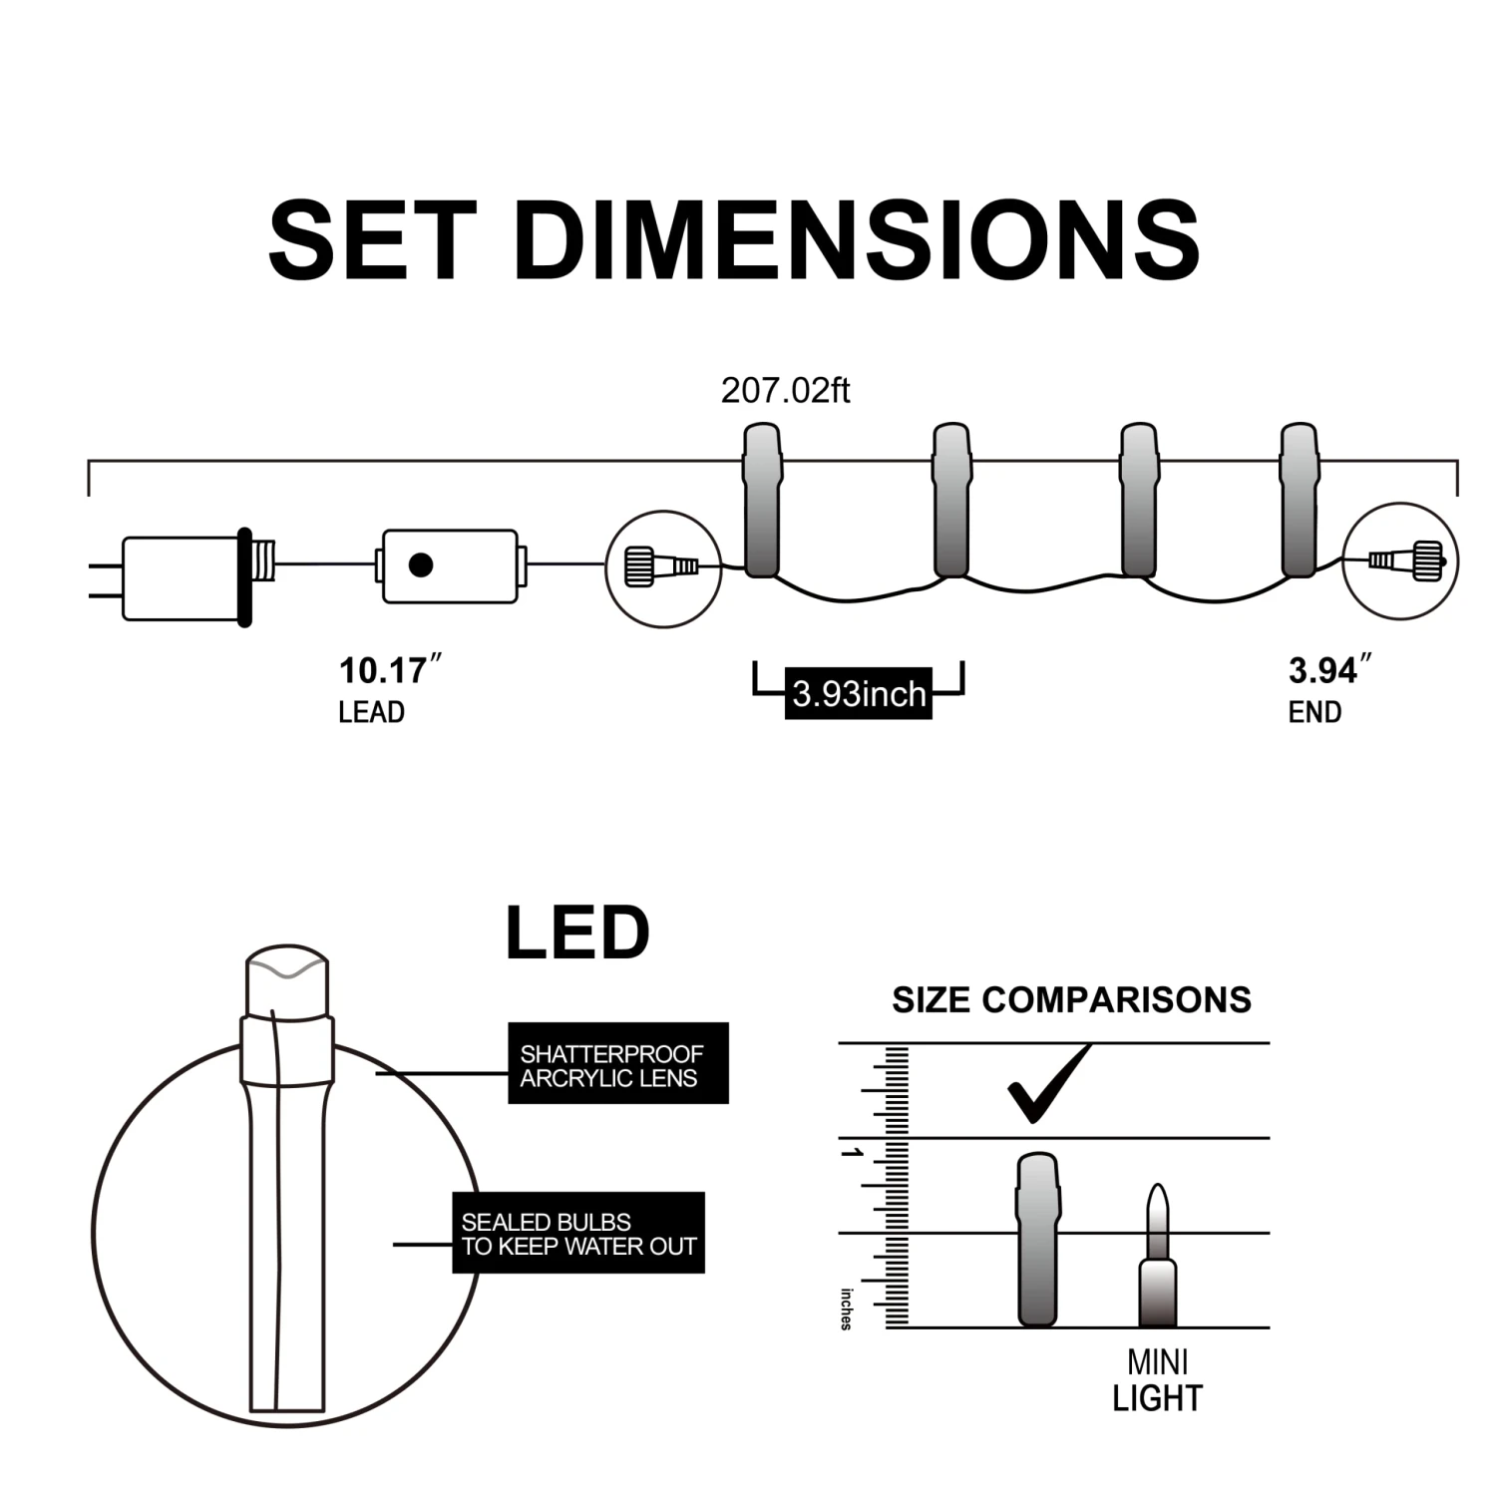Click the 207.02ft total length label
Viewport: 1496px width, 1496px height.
[785, 390]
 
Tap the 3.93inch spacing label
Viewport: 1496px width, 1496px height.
[859, 693]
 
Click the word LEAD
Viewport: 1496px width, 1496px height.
[371, 712]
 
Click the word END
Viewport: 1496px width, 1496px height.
[1314, 712]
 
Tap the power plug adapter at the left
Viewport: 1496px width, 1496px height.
[185, 578]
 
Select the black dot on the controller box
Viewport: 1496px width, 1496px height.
[421, 565]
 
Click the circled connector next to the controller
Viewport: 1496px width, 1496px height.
[663, 568]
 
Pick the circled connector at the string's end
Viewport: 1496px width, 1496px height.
[1400, 561]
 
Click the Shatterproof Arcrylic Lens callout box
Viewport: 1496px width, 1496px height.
[617, 1063]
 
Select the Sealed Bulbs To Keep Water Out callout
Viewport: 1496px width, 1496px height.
[578, 1233]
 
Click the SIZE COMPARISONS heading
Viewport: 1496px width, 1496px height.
[1071, 1000]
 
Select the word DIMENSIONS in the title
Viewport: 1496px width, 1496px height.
[859, 240]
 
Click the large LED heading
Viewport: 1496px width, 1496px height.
[577, 935]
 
